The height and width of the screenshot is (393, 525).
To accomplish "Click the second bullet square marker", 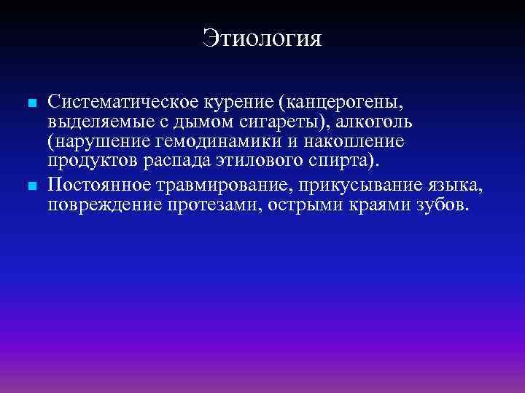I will coord(30,188).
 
